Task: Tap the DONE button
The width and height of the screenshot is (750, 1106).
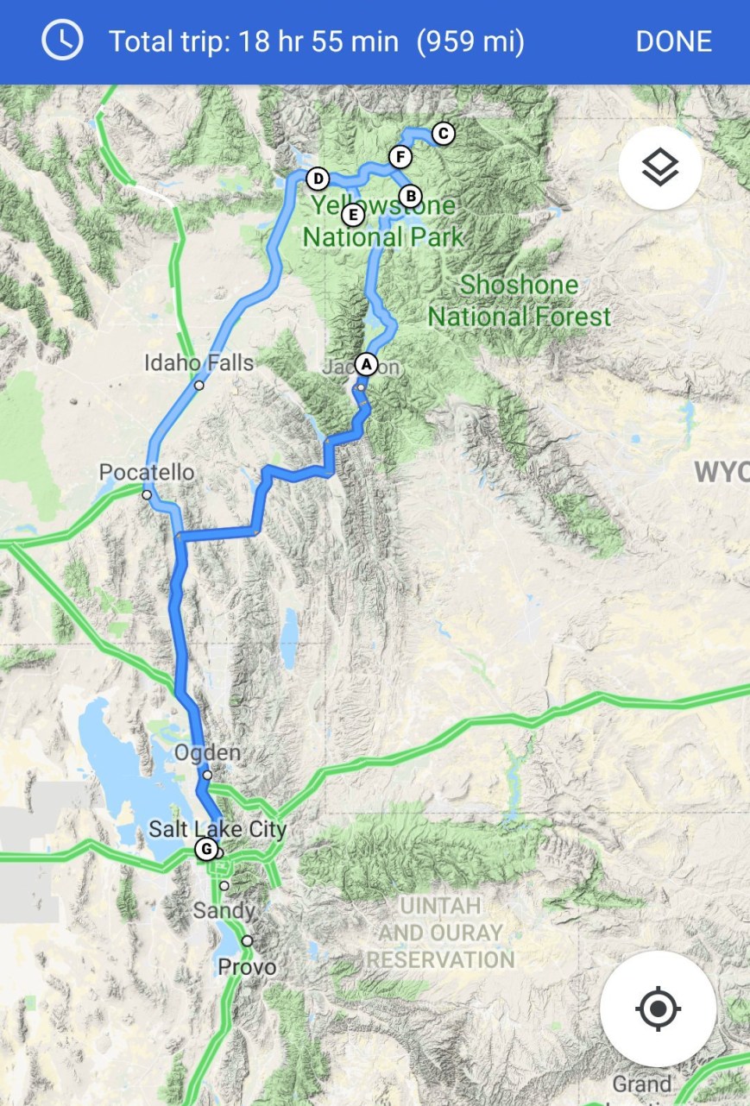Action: coord(673,41)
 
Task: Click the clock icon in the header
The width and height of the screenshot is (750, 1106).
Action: coord(62,41)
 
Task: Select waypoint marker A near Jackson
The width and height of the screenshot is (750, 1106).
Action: coord(367,364)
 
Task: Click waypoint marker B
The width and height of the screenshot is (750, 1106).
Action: coord(410,195)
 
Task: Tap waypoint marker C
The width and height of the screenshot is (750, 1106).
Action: coord(443,134)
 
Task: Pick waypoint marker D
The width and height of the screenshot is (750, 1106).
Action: coord(318,179)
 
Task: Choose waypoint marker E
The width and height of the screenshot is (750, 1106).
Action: coord(351,213)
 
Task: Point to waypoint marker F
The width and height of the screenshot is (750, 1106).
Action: coord(399,157)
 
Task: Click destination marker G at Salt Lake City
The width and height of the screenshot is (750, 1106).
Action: coord(205,849)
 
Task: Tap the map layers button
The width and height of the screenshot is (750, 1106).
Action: coord(660,167)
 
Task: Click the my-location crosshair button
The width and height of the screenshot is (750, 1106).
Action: coord(658,1009)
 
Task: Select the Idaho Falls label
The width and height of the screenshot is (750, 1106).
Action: coord(199,362)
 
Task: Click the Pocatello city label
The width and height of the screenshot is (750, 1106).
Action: coord(147,473)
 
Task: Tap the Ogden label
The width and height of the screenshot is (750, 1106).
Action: coord(207,753)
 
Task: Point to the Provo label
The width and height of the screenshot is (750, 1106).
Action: coord(247,967)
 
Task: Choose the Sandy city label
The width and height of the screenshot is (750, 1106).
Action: coord(224,910)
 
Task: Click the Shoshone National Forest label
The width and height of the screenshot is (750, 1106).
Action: coord(520,300)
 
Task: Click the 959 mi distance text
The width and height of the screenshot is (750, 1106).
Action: coord(470,41)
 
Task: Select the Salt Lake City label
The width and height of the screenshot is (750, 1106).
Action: coord(217,830)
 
